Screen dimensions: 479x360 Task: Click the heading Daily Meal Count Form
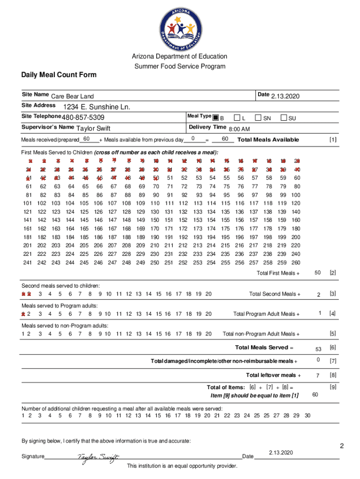click(58, 75)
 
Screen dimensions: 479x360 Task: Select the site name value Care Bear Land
click(72, 97)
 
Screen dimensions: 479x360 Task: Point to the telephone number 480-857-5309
click(83, 117)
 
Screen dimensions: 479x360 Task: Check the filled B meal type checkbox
click(216, 117)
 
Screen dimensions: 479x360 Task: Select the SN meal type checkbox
click(258, 117)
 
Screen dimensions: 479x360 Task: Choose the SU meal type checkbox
click(284, 117)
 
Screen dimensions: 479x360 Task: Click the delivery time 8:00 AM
click(239, 129)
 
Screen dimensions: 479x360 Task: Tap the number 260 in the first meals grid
click(295, 263)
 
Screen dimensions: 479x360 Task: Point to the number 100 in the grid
click(295, 195)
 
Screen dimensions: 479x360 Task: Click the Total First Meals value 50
click(317, 272)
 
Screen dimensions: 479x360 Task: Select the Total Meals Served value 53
click(318, 349)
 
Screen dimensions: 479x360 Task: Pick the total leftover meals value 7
click(318, 376)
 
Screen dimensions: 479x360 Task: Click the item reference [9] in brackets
click(333, 387)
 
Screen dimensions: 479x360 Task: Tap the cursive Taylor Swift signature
click(98, 457)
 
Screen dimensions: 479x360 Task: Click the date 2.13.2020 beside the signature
click(281, 453)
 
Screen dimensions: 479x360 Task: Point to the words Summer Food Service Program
click(180, 66)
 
